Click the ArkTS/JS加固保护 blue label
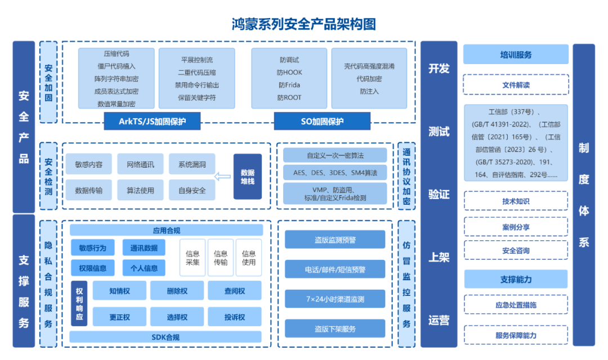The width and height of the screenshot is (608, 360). tap(152, 121)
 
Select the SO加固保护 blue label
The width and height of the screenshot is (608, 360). tap(322, 121)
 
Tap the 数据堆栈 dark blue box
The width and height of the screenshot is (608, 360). tap(248, 177)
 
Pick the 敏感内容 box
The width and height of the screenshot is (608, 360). tap(89, 164)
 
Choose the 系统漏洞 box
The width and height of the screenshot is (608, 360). tap(192, 164)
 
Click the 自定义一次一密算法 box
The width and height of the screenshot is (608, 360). tap(335, 155)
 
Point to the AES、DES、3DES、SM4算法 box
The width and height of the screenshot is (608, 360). tap(335, 172)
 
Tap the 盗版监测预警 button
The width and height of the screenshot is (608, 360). tap(335, 240)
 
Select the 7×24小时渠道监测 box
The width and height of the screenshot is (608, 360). tap(335, 298)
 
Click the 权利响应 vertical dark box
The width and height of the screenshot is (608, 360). tap(79, 304)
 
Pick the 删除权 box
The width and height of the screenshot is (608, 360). tap(177, 291)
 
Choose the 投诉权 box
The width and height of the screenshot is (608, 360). tap(235, 317)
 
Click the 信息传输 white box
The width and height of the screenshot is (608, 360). tap(221, 258)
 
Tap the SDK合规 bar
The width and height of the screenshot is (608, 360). tap(166, 337)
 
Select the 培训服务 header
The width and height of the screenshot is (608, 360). tap(516, 55)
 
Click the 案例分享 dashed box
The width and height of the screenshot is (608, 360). tap(516, 227)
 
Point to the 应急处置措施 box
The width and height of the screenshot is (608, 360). tap(516, 305)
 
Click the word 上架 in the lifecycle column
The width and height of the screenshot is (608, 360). tap(439, 258)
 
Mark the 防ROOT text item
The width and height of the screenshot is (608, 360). tap(289, 97)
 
